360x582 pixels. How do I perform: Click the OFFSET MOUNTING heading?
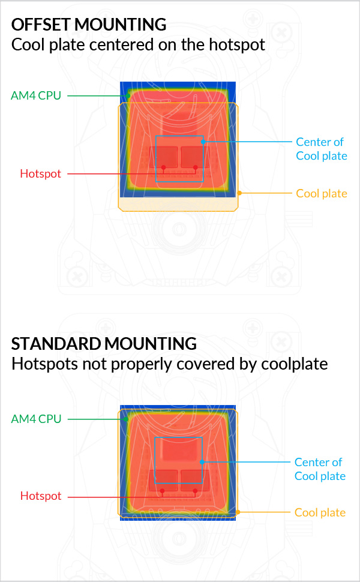[x=89, y=25]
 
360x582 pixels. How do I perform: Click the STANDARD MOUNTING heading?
[x=104, y=344]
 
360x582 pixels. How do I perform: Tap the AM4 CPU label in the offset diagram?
[x=36, y=95]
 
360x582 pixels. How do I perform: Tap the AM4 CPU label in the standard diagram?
[x=36, y=419]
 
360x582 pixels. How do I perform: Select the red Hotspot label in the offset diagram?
[x=40, y=174]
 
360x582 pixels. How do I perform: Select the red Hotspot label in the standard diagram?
[x=41, y=496]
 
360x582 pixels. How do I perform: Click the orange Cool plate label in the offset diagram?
[x=321, y=193]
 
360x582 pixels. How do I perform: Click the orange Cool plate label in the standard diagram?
[x=320, y=512]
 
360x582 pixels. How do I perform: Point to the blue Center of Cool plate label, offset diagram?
[x=321, y=149]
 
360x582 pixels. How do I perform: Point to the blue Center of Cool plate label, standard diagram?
[x=320, y=469]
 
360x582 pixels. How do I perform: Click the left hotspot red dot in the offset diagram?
[x=163, y=167]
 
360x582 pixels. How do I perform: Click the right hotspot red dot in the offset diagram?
[x=196, y=167]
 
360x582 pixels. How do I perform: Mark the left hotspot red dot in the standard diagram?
[x=163, y=490]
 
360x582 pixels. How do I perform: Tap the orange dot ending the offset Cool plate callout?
[x=239, y=193]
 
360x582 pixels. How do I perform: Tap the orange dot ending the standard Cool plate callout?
[x=238, y=512]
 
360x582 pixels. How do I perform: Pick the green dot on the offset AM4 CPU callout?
[x=128, y=95]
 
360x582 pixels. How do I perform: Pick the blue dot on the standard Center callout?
[x=202, y=462]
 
